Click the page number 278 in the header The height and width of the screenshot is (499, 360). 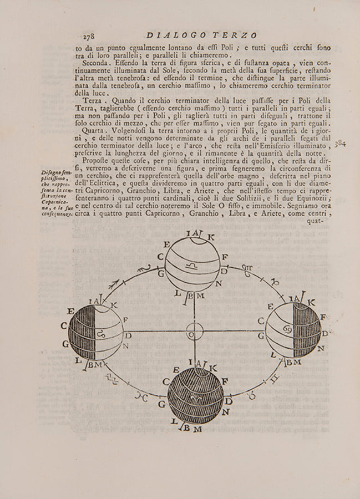(x=90, y=37)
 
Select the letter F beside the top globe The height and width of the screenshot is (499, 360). (x=225, y=257)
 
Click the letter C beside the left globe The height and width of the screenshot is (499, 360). (x=64, y=325)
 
